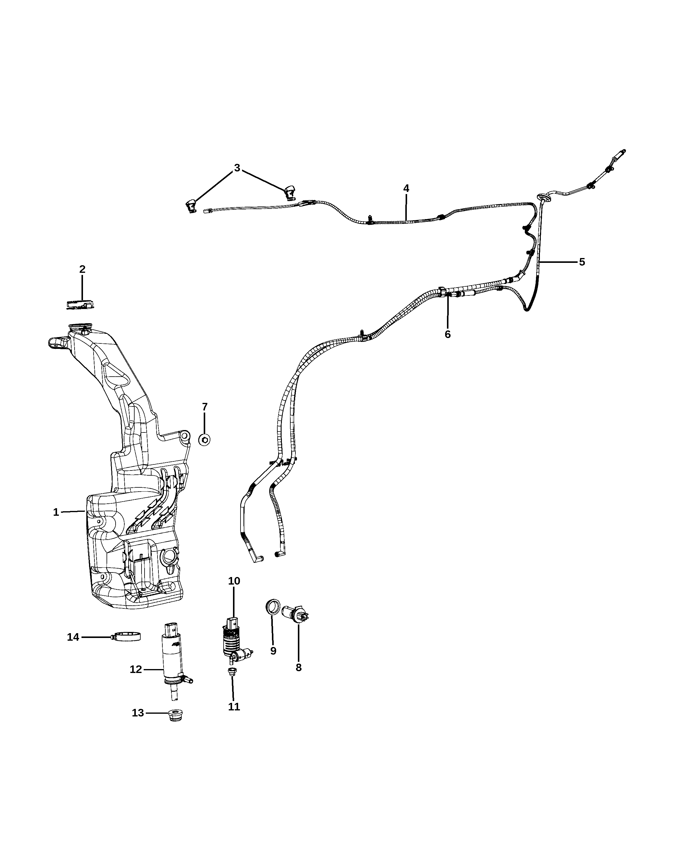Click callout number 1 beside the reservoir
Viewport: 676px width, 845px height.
pyautogui.click(x=56, y=512)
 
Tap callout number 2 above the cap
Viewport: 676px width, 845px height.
pyautogui.click(x=82, y=269)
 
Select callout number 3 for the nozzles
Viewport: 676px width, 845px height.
pyautogui.click(x=237, y=168)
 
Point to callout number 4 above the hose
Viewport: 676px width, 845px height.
pyautogui.click(x=406, y=189)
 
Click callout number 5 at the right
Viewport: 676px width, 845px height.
pyautogui.click(x=582, y=262)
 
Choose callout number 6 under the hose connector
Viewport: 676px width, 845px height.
pyautogui.click(x=448, y=334)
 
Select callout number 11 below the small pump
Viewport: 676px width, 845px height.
pyautogui.click(x=234, y=707)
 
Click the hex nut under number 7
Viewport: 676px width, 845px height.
pyautogui.click(x=204, y=440)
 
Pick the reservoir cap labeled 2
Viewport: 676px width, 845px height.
pyautogui.click(x=80, y=304)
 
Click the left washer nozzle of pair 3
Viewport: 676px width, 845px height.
pyautogui.click(x=191, y=206)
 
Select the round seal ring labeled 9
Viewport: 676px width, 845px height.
pyautogui.click(x=273, y=617)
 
